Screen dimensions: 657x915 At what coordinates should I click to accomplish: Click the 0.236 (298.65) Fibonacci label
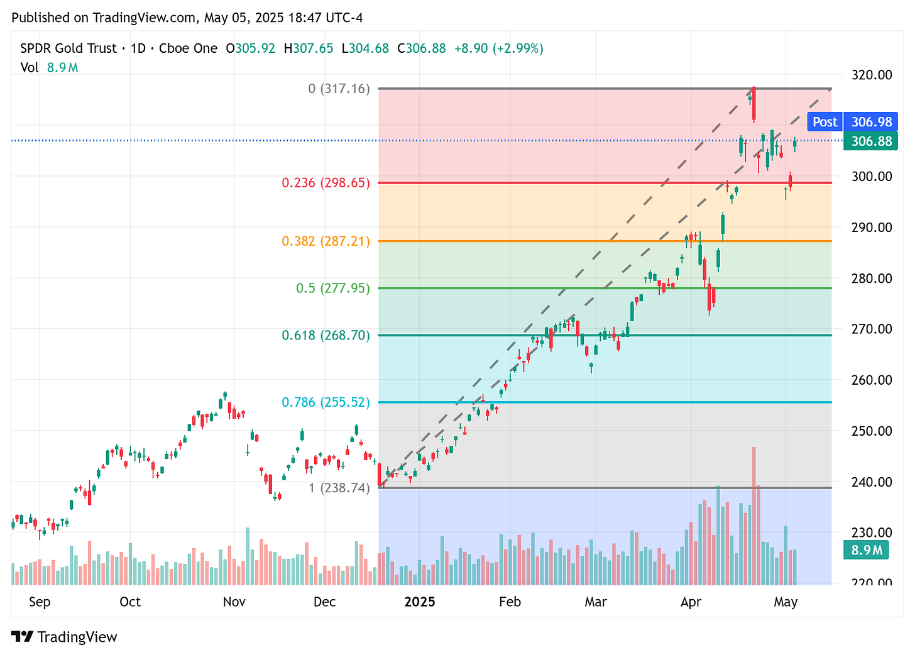pos(326,183)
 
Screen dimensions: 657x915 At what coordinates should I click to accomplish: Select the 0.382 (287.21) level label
pos(326,241)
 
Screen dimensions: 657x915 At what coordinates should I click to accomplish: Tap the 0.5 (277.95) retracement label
pos(333,289)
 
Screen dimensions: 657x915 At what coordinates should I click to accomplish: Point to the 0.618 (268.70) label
pos(326,335)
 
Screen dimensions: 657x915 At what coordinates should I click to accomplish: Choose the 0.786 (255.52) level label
pos(326,402)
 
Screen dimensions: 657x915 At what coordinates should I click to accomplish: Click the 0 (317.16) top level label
pos(339,89)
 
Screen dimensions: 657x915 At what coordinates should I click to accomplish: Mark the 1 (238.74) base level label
pos(339,488)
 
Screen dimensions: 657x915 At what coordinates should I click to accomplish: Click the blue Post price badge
pos(825,122)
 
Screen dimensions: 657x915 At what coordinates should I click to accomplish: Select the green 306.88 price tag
pos(871,141)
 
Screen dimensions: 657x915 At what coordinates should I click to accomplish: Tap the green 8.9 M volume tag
pos(867,551)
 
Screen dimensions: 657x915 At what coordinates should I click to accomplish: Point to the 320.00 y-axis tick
pos(870,75)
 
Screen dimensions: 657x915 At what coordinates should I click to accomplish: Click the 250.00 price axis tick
pos(870,431)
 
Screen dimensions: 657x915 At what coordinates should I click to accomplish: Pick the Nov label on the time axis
pos(234,602)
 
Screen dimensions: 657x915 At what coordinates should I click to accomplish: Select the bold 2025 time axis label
pos(420,602)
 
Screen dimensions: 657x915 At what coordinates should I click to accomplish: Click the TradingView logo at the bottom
pos(64,637)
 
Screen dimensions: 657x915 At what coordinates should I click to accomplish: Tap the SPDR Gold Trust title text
pos(68,48)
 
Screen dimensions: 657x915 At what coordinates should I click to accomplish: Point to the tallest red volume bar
pos(754,516)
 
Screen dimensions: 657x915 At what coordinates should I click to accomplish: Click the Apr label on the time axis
pos(691,602)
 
